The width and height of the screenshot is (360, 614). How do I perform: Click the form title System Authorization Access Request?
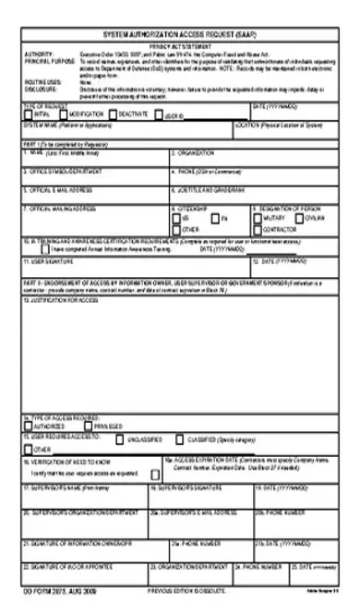pos(180,32)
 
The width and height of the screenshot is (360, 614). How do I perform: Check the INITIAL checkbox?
pos(27,114)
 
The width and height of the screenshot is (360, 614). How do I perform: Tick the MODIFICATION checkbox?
pos(63,114)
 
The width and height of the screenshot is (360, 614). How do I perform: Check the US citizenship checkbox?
pos(175,217)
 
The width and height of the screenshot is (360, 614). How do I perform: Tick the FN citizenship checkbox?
pos(214,217)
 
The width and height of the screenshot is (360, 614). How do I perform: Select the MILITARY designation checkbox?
pos(257,217)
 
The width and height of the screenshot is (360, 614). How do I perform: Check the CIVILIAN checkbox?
pos(298,217)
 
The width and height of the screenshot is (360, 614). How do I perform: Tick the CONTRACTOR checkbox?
pos(257,228)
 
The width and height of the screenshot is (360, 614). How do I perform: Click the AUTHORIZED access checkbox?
pos(27,427)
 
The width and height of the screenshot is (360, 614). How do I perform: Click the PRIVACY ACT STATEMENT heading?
pos(180,42)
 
